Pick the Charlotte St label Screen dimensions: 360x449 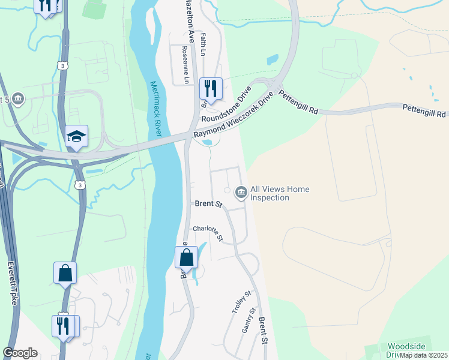point(208,233)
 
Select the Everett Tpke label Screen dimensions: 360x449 point(13,283)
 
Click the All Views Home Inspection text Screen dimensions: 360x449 point(280,193)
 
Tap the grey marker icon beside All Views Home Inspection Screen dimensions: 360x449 point(241,192)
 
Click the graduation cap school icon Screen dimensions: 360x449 point(77,137)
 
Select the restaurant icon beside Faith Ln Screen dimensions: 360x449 point(211,89)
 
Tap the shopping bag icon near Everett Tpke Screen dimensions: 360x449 point(65,273)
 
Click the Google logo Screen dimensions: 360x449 point(20,353)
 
